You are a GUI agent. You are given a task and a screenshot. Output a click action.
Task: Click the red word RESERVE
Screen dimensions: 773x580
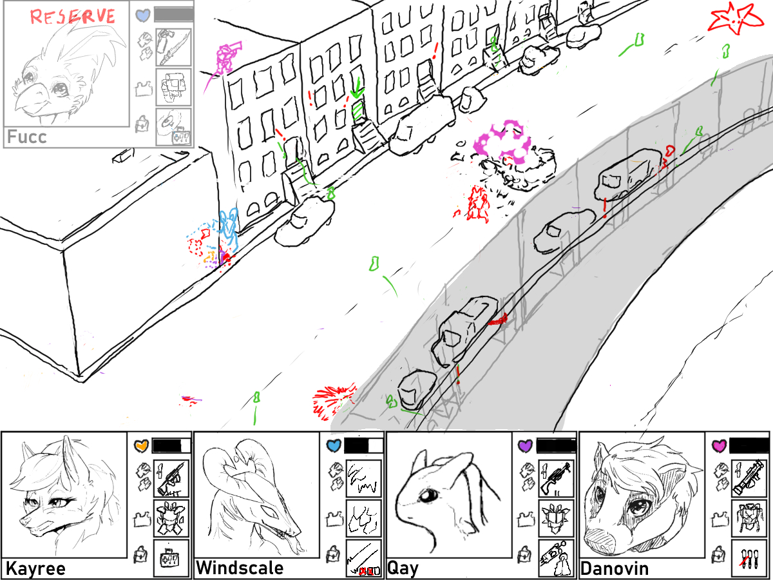point(73,16)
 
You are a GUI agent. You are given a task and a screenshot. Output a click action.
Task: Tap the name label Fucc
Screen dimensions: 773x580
point(27,137)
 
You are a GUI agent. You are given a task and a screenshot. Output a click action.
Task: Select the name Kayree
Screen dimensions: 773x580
point(35,568)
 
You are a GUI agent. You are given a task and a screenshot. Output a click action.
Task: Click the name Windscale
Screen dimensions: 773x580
point(240,568)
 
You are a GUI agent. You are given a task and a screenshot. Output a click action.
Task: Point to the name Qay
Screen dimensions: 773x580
point(403,568)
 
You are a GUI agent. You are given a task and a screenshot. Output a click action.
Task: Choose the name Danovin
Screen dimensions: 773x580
point(615,568)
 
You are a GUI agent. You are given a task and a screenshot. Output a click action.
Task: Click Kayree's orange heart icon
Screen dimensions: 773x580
point(142,445)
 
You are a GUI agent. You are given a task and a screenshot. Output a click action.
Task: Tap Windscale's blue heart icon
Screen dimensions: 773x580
point(334,445)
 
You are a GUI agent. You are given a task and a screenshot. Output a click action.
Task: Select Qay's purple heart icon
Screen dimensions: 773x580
point(526,445)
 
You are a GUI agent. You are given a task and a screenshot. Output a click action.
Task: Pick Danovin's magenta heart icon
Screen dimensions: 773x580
point(719,445)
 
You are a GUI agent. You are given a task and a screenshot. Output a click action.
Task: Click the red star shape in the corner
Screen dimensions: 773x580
point(734,19)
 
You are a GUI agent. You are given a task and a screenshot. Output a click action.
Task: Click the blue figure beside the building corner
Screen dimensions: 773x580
point(228,229)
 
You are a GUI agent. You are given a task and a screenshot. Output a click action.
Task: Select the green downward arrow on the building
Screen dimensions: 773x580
point(357,89)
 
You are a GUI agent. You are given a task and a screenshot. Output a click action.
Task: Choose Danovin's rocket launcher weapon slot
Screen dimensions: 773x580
point(749,478)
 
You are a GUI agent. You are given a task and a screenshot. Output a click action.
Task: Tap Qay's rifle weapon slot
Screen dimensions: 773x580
point(557,478)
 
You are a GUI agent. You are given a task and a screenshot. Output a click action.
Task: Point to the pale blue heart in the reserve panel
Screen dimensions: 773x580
point(143,15)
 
